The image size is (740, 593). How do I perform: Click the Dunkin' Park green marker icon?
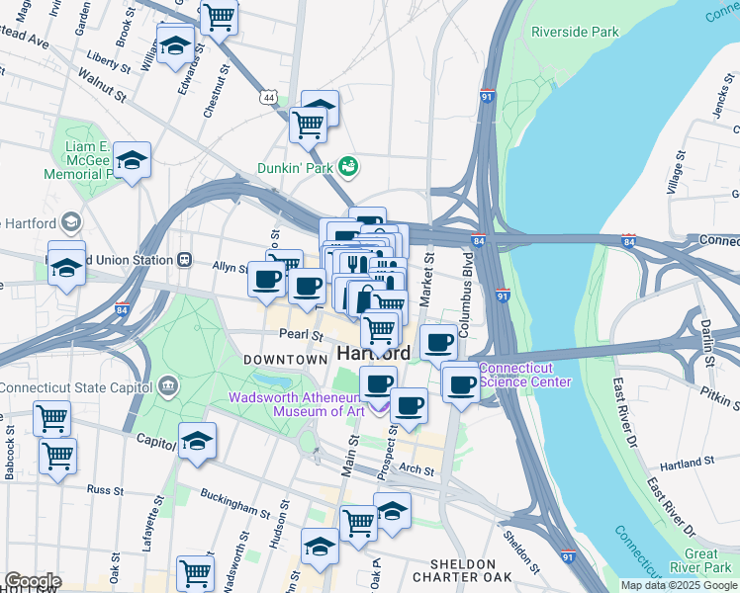347,164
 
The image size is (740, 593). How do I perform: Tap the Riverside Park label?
574,32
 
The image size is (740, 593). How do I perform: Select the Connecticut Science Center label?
525,376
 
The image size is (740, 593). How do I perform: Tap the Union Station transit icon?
184,260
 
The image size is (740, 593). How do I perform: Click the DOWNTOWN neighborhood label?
286,360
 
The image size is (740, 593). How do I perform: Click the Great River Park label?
707,561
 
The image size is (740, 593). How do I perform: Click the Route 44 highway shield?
269,97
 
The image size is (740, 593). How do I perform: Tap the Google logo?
32,581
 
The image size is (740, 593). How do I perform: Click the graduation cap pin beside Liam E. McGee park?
131,161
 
